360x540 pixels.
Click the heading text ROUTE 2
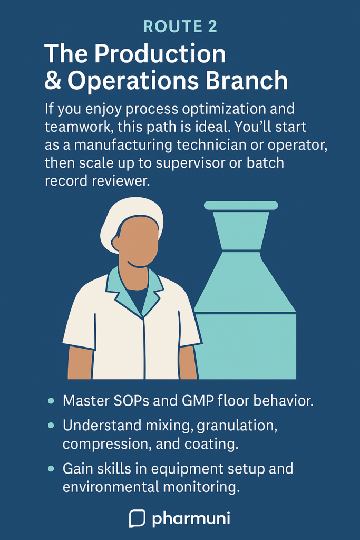click(180, 26)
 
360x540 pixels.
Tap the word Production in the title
click(160, 54)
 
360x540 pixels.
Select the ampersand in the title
click(53, 80)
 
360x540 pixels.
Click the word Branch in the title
click(247, 80)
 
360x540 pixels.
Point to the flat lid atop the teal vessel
click(241, 206)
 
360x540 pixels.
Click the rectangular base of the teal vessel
click(245, 346)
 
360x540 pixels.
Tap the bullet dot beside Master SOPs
click(51, 401)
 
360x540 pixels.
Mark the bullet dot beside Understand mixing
click(51, 426)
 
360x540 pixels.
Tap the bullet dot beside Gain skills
click(51, 469)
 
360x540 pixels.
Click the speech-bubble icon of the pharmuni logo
click(137, 518)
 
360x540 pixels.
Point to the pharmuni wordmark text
click(191, 519)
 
